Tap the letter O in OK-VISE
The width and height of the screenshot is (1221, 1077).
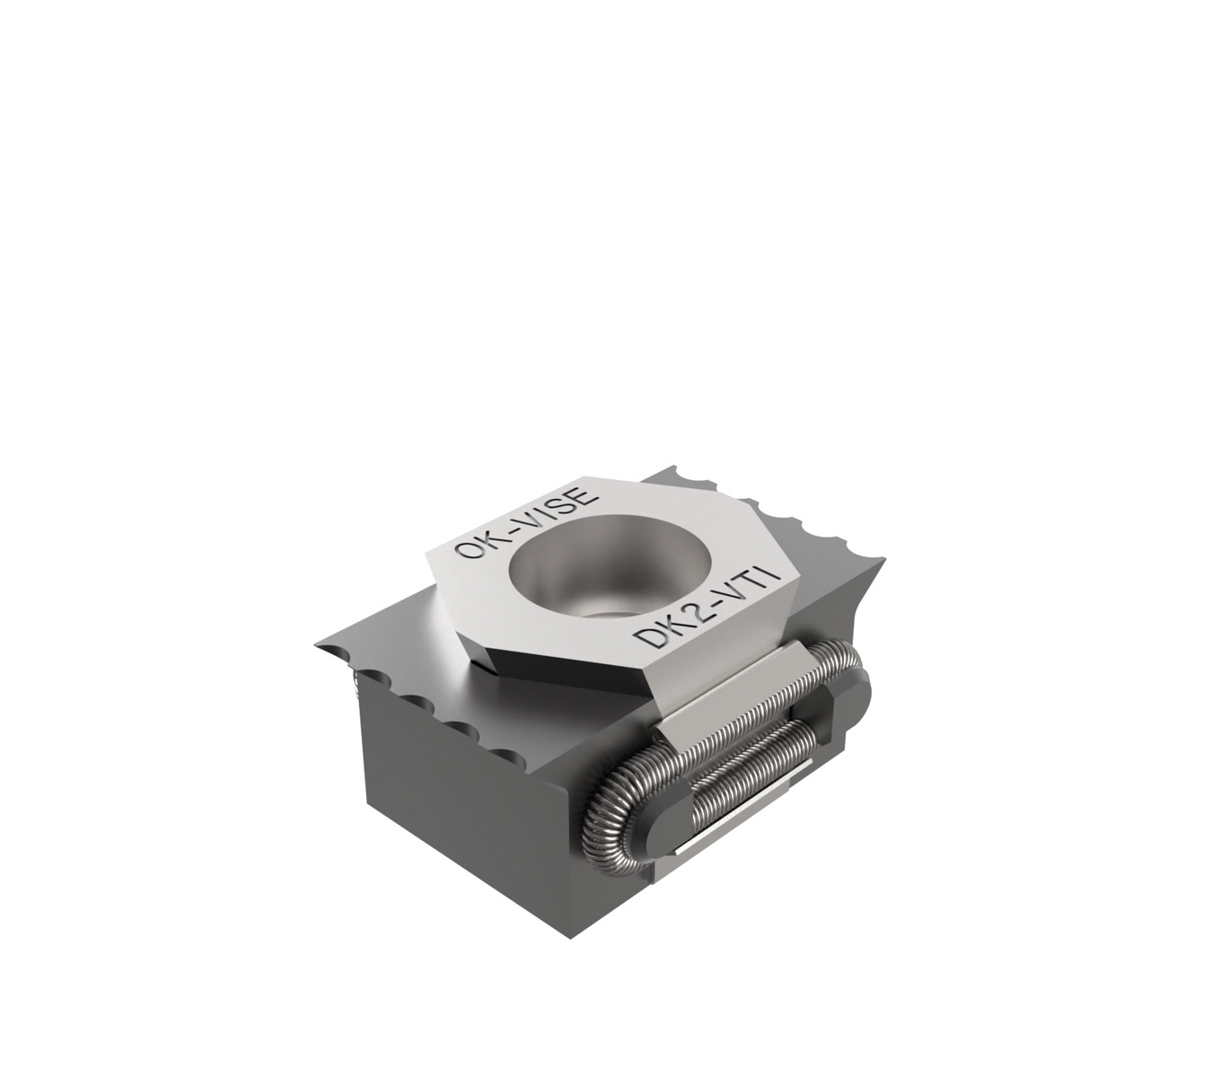(469, 548)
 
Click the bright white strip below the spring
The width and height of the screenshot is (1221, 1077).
(745, 821)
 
